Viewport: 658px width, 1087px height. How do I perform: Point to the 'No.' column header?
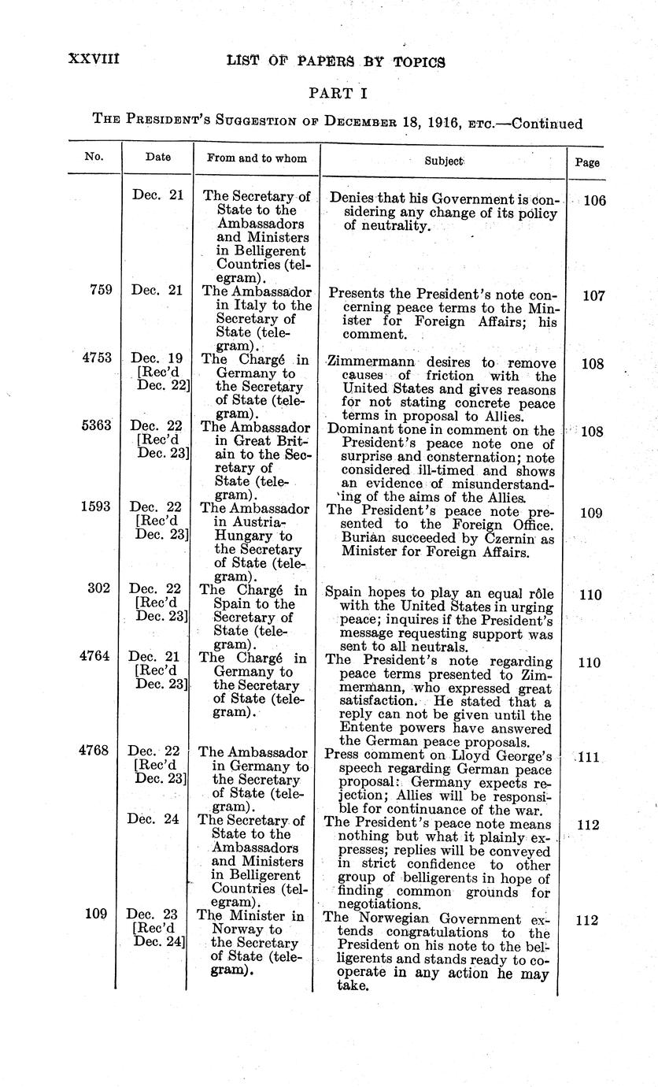94,156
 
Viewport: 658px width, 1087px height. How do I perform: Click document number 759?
101,290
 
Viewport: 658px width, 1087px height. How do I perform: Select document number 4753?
98,357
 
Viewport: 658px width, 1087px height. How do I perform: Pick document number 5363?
98,425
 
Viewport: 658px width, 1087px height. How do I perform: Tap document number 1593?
98,507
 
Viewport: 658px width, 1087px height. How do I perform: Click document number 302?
101,588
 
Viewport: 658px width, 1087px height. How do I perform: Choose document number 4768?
98,751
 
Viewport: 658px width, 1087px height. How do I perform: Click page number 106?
594,201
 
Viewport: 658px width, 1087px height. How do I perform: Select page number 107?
593,296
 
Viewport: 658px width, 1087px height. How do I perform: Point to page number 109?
591,513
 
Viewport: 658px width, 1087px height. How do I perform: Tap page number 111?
589,758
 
